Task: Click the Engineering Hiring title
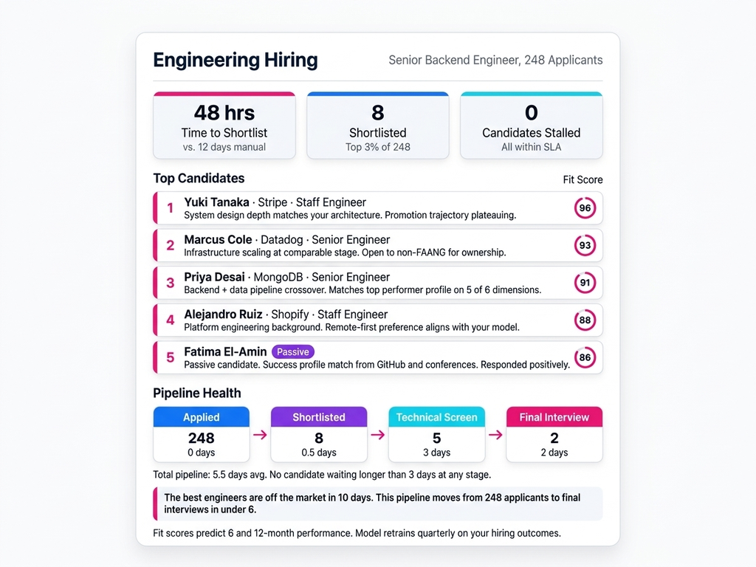click(x=235, y=60)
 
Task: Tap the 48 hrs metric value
click(x=224, y=113)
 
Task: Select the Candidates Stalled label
click(x=531, y=133)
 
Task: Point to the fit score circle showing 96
click(x=585, y=208)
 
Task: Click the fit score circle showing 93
click(x=585, y=245)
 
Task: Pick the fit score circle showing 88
click(x=585, y=320)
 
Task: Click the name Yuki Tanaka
click(x=216, y=202)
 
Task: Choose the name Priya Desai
click(x=214, y=277)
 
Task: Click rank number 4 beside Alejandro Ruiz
click(x=170, y=320)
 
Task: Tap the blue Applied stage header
click(x=201, y=417)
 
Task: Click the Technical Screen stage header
click(x=436, y=417)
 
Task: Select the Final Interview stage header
click(x=554, y=417)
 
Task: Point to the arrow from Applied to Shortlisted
click(x=260, y=435)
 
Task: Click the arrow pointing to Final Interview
click(x=495, y=435)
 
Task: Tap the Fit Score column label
click(x=583, y=179)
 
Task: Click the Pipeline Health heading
click(x=197, y=393)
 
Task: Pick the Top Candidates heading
click(x=199, y=178)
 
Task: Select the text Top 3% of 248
click(x=377, y=147)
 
